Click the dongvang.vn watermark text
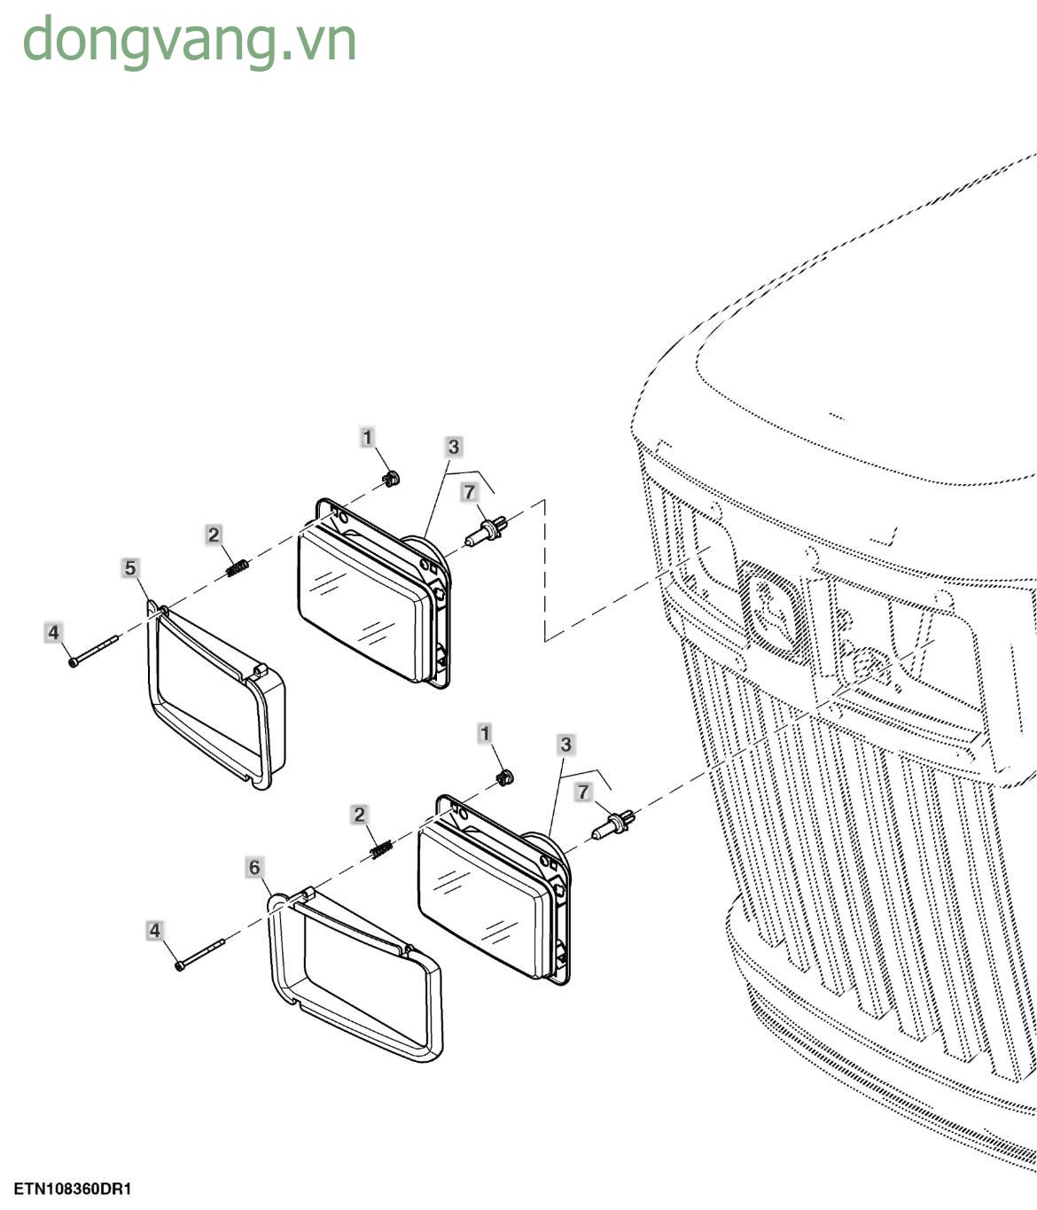[189, 41]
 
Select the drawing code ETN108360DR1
[73, 1189]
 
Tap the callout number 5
[130, 567]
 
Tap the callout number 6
[254, 867]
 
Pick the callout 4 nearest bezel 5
[53, 632]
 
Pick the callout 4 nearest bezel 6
[154, 930]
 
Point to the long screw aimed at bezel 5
[94, 651]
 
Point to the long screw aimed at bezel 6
[200, 955]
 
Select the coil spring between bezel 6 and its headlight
[382, 849]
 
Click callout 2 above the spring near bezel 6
[359, 815]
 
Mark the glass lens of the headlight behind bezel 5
[358, 603]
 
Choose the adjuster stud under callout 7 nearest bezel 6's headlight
[613, 824]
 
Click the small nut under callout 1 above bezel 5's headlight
[390, 478]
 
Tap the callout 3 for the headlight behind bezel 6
[565, 745]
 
